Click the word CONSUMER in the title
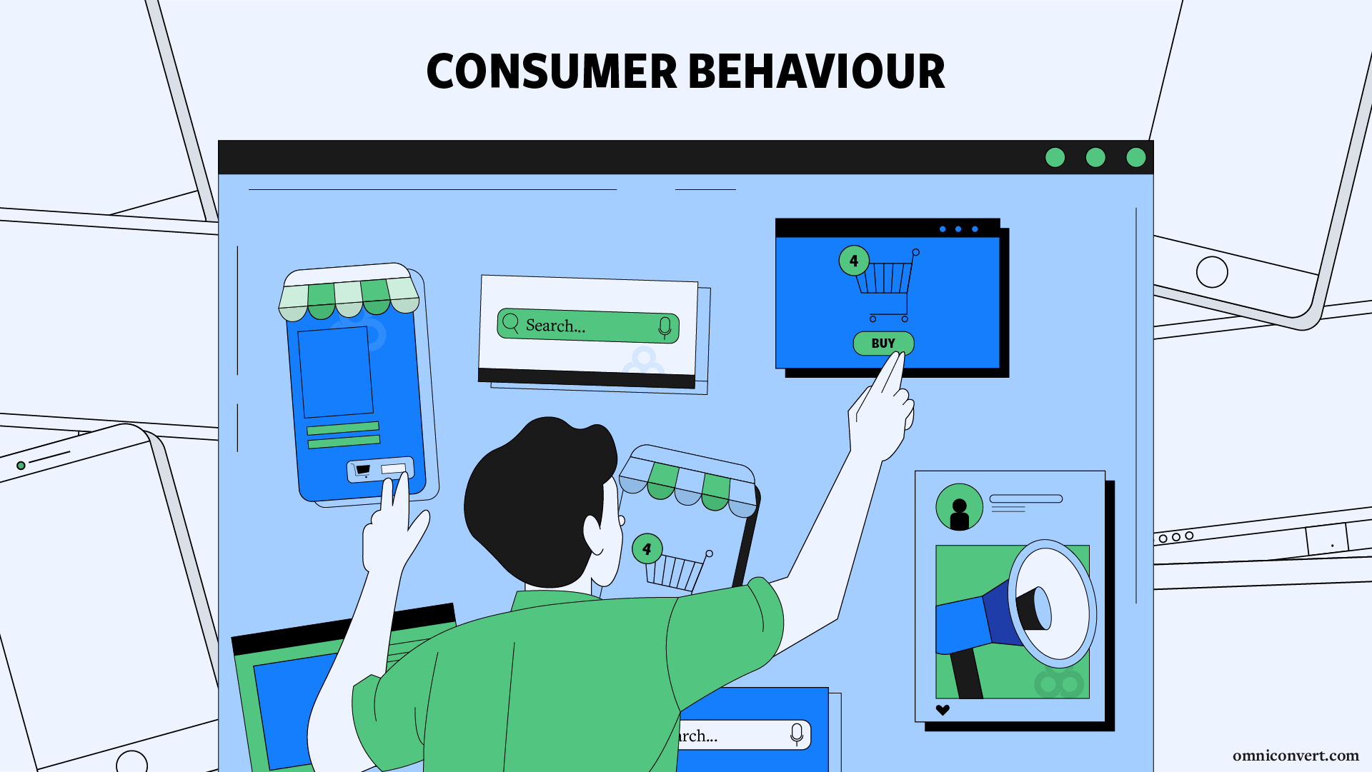point(551,72)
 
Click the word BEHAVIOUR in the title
point(816,72)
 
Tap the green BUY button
point(883,344)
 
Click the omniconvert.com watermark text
point(1295,756)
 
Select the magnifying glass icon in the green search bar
point(511,324)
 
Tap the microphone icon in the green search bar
point(665,328)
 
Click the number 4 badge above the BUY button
point(854,261)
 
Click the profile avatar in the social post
point(959,508)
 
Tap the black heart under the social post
point(943,710)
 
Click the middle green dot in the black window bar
point(1095,157)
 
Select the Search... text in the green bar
point(555,326)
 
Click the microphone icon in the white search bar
point(797,734)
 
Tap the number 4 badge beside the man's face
point(647,549)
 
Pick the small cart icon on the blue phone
point(363,470)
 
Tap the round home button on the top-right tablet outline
point(1212,272)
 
